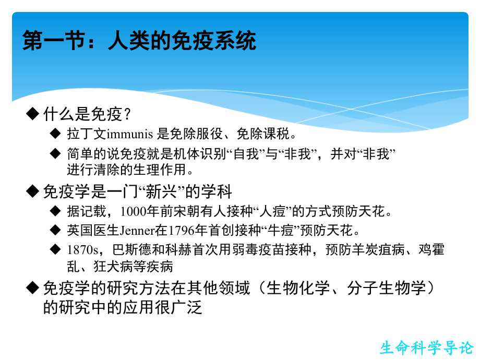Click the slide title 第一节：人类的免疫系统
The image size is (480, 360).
139,41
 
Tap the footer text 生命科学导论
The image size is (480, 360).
426,347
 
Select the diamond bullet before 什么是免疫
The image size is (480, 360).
33,113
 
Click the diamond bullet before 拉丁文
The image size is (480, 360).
56,134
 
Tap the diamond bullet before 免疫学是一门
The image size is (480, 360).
33,191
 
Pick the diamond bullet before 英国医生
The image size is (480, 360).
56,230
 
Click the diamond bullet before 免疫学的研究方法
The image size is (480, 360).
33,288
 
